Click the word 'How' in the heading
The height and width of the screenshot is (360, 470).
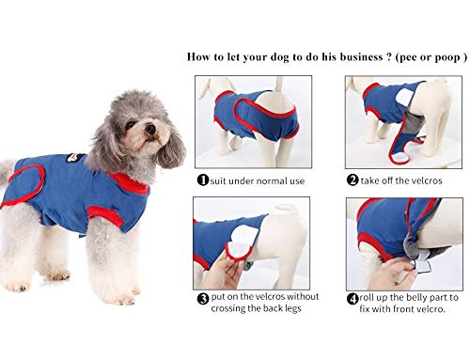click(200, 56)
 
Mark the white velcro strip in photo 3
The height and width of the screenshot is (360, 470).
click(228, 248)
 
